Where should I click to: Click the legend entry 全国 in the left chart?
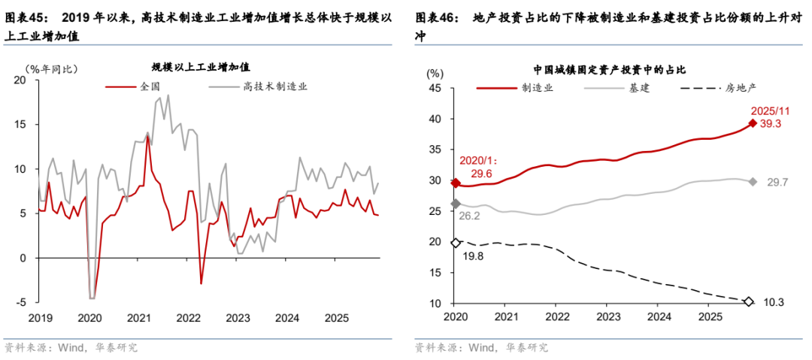(x=151, y=86)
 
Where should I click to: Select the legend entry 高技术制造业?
(x=274, y=86)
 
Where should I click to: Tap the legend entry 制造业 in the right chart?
(x=538, y=88)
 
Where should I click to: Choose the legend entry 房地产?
(x=740, y=88)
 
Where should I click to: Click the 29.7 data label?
(x=777, y=182)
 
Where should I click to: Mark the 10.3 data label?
(x=774, y=302)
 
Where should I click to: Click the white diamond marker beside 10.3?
(x=748, y=302)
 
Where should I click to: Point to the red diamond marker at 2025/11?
(x=751, y=124)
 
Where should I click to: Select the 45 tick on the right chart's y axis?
(x=434, y=88)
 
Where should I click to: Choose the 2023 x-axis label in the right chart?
(x=607, y=318)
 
